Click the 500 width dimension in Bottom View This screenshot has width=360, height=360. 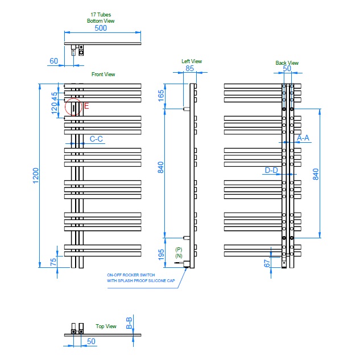tap(101, 27)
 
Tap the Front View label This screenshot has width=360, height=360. tap(104, 75)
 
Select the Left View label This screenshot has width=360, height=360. tap(192, 61)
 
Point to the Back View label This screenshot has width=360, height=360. tap(287, 63)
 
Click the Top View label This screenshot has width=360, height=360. tap(106, 326)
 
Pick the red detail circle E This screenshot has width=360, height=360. tap(73, 106)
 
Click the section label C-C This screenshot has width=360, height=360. tap(96, 139)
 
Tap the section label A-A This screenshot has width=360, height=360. tap(303, 138)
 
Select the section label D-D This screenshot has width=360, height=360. tap(271, 170)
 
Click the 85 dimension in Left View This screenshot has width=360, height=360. tap(189, 69)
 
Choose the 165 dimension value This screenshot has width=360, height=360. tap(161, 96)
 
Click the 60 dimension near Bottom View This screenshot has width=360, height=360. tap(54, 60)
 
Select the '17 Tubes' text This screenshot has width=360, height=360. tap(101, 14)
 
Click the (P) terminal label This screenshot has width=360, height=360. tap(179, 250)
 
